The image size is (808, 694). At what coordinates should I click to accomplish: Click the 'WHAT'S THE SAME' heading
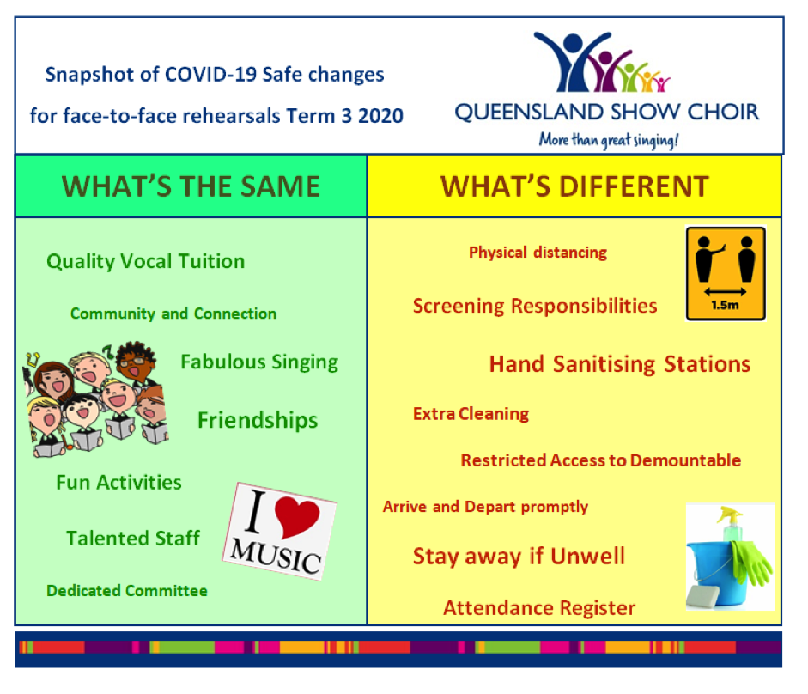pos(191,186)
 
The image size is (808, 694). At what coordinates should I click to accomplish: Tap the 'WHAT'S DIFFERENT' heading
pos(574,186)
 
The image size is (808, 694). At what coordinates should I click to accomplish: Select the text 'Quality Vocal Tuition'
pos(145,261)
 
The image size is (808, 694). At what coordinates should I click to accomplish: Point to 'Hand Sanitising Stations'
pos(620,364)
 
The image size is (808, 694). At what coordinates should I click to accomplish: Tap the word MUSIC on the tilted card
pos(276,557)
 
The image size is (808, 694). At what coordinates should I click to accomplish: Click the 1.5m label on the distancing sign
pos(725,305)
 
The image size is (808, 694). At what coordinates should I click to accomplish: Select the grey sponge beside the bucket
pos(704,597)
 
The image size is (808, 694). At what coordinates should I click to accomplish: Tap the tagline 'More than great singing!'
pos(609,140)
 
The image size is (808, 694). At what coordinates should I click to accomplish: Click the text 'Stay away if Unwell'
pos(519,557)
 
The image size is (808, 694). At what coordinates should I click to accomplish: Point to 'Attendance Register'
pos(539,608)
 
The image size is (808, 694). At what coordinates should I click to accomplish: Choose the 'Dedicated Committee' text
pos(127,591)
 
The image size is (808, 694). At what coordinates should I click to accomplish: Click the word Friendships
pos(258,421)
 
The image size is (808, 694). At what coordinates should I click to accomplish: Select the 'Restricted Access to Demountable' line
pos(601,460)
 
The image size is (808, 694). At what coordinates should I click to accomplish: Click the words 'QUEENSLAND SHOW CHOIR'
pos(607,112)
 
